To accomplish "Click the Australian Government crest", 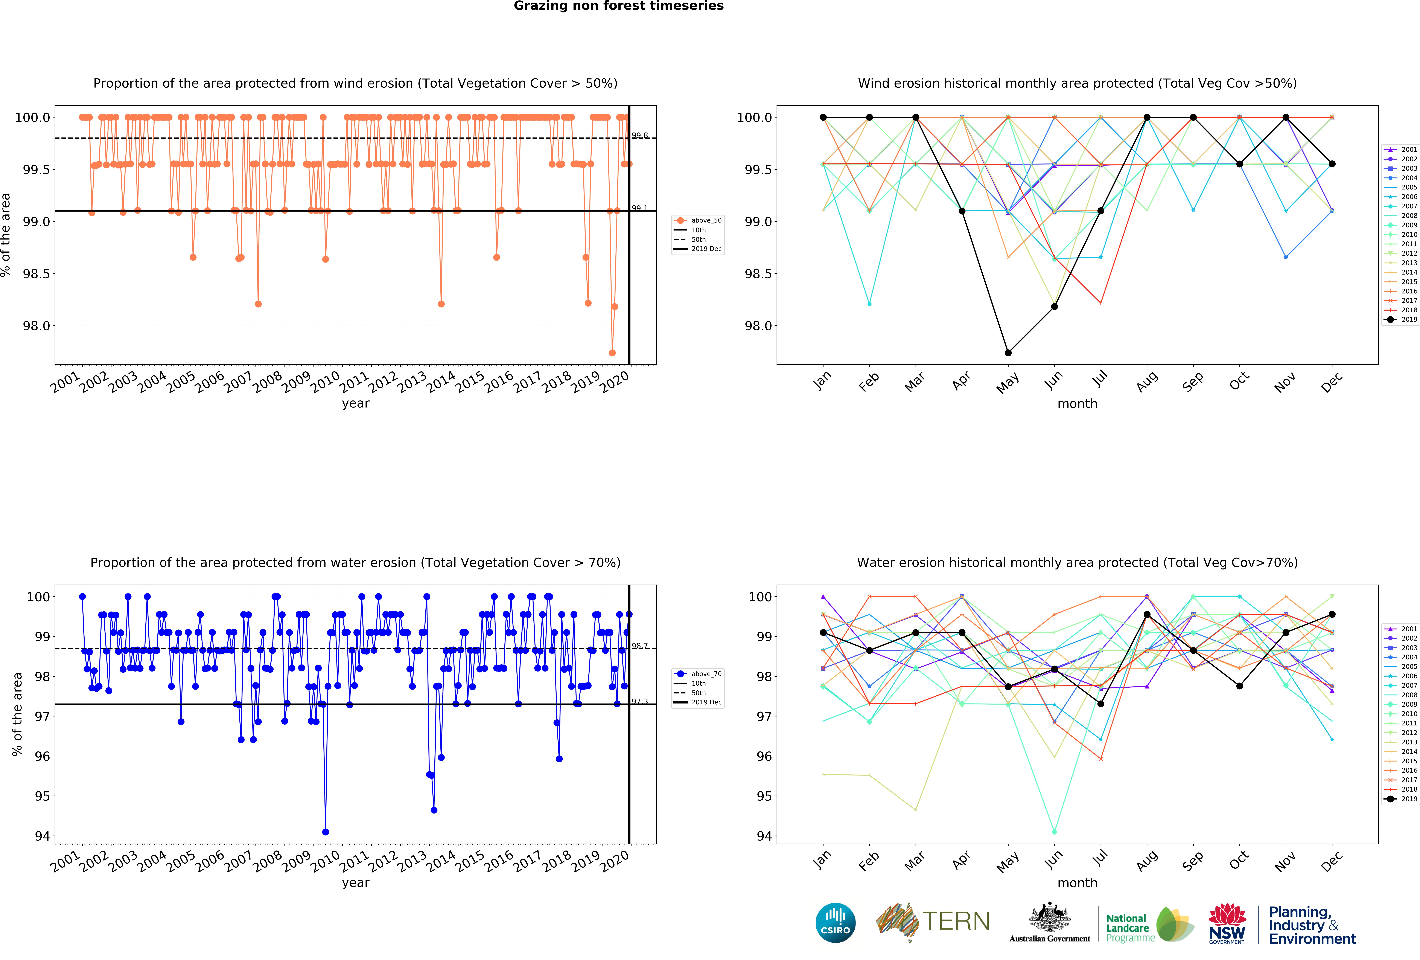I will point(1049,917).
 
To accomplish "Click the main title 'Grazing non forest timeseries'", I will point(618,6).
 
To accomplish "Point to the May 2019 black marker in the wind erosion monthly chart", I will point(1008,353).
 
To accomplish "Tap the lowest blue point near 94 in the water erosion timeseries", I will point(325,832).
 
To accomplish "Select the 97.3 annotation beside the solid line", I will point(640,702).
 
